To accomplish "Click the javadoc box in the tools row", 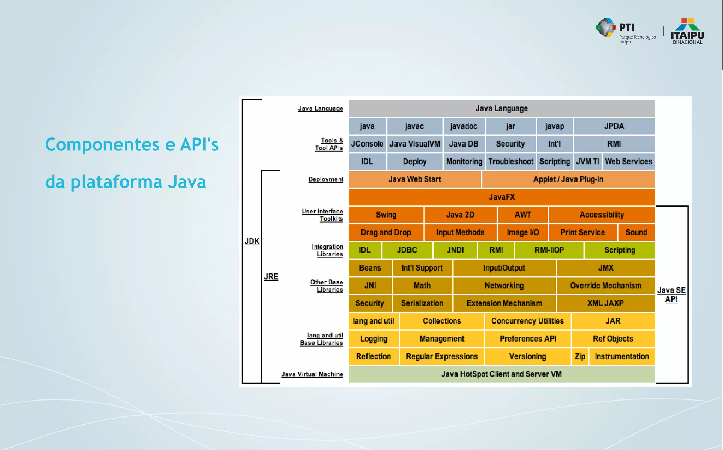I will click(x=464, y=126).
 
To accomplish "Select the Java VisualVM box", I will click(x=414, y=144).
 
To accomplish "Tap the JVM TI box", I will click(x=587, y=161).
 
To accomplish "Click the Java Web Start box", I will click(x=414, y=179).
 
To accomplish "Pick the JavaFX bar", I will click(x=502, y=197).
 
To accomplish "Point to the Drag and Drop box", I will click(x=386, y=232).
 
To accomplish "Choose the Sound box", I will click(x=636, y=232).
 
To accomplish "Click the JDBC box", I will click(x=407, y=250).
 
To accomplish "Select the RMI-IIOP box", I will click(x=549, y=250).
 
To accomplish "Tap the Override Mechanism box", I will click(x=605, y=285).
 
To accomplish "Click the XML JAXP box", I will click(x=605, y=303).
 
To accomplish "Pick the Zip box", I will click(x=580, y=356).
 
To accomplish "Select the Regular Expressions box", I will click(x=442, y=356).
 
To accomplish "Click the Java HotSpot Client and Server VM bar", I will click(x=501, y=374).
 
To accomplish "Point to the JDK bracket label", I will click(x=252, y=241).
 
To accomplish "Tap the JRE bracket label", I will click(x=271, y=277).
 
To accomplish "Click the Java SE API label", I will click(x=671, y=295).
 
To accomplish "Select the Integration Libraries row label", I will click(x=328, y=250).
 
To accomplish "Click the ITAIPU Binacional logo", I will click(x=687, y=31).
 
